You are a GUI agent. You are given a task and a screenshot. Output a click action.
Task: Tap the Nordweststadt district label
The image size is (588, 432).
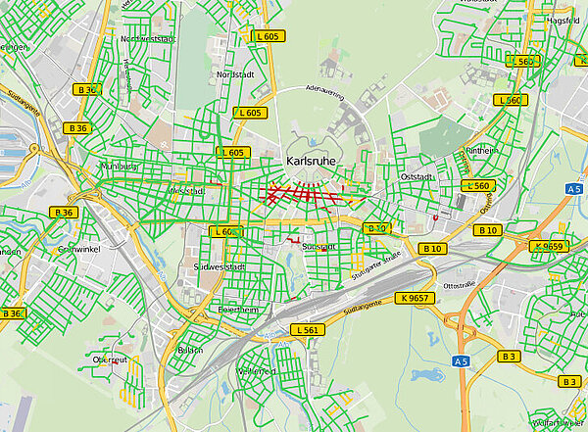(147, 39)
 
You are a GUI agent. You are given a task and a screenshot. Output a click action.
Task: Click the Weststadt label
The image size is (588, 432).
(185, 191)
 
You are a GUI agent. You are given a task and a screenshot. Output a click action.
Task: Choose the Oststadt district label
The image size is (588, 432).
(418, 176)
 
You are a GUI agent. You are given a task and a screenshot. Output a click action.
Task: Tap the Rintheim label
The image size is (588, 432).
(482, 151)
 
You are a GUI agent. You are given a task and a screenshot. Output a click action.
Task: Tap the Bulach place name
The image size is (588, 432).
(190, 350)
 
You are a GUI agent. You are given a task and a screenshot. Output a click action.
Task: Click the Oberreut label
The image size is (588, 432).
(110, 360)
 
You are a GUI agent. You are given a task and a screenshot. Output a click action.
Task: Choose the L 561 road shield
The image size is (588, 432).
(307, 330)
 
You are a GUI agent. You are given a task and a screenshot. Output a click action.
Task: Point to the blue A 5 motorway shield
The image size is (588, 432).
(462, 361)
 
